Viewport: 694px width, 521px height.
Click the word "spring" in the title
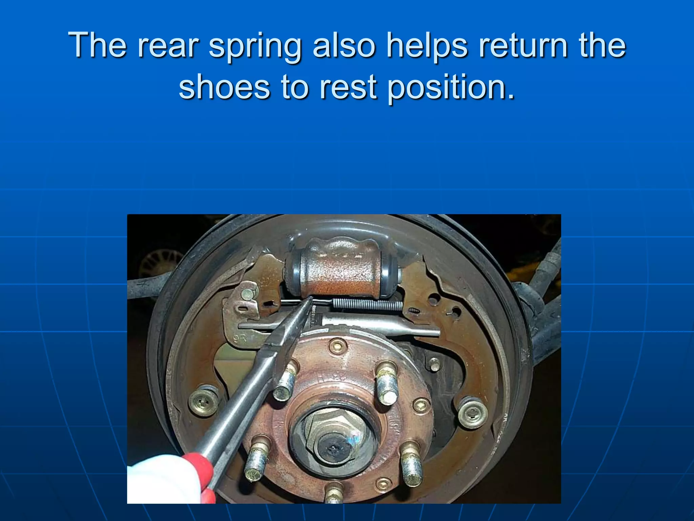point(254,47)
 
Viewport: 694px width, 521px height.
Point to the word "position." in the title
point(451,88)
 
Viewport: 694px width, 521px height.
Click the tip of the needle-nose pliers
point(311,298)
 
